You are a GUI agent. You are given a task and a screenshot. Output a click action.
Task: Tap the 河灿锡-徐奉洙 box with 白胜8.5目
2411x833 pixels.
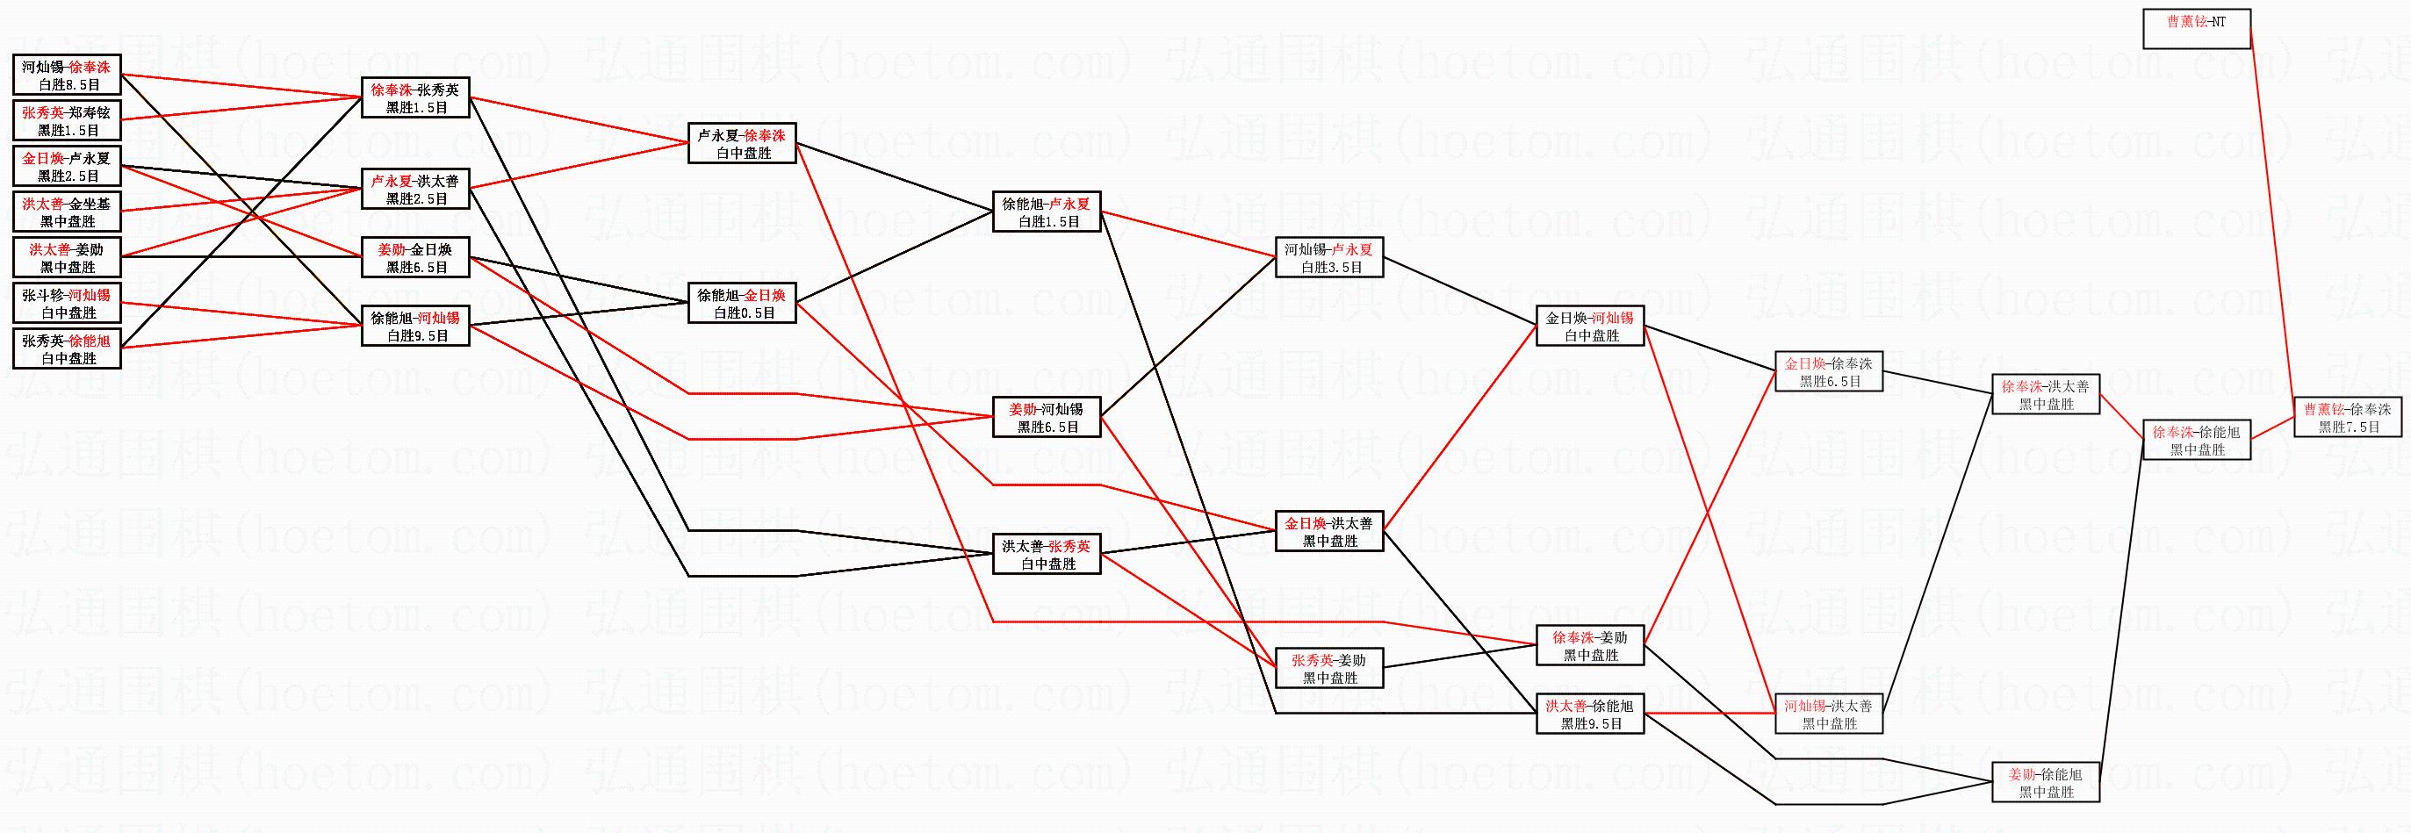[67, 75]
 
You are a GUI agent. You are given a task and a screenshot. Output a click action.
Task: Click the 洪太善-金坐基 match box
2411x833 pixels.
[67, 212]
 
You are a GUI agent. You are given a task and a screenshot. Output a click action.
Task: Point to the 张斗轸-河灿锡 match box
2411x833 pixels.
[67, 303]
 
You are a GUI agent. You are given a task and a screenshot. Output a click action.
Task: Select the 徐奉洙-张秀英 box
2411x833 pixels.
[415, 98]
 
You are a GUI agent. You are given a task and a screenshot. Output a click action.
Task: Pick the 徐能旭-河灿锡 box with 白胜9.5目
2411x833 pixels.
[415, 326]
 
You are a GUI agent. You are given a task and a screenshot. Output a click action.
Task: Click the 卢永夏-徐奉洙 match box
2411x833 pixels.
[741, 143]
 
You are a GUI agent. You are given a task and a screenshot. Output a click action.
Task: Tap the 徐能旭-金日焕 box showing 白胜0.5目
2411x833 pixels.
[741, 303]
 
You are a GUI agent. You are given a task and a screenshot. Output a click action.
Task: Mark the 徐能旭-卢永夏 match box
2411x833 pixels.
[1047, 212]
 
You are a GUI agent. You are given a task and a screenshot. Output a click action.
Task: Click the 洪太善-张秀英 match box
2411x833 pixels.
[1047, 554]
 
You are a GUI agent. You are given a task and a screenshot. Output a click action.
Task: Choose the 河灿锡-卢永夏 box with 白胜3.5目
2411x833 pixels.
[1329, 257]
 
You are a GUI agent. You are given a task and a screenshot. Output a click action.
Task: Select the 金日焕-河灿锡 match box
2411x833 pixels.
[1589, 326]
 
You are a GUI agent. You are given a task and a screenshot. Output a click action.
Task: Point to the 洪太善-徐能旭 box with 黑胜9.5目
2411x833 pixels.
[1589, 715]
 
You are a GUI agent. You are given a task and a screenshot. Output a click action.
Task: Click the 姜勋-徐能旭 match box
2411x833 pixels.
[2046, 782]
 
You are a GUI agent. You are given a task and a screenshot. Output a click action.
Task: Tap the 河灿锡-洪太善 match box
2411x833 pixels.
[1829, 715]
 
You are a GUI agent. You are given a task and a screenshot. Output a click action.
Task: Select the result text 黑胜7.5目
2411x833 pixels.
[2348, 427]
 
